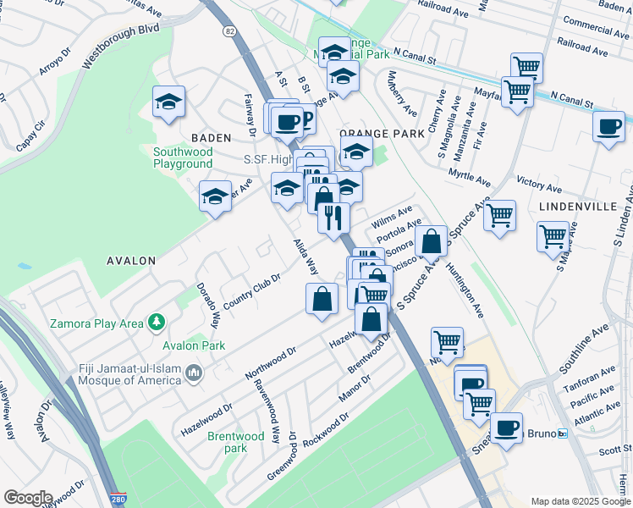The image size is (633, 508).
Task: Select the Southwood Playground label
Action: (182, 158)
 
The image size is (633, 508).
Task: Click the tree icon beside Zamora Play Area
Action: (155, 323)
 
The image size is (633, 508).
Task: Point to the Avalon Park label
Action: (194, 345)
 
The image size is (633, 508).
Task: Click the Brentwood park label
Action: (228, 442)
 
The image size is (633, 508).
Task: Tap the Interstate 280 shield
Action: (117, 501)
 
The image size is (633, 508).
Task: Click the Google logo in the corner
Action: (27, 498)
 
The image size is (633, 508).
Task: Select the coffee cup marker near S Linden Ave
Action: (608, 127)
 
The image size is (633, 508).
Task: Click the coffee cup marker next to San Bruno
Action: (508, 428)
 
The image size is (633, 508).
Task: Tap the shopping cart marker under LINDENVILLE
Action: (553, 236)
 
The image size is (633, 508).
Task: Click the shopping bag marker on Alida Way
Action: (322, 299)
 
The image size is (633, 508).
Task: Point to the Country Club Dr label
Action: (251, 290)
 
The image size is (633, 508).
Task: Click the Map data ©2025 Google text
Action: (580, 501)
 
